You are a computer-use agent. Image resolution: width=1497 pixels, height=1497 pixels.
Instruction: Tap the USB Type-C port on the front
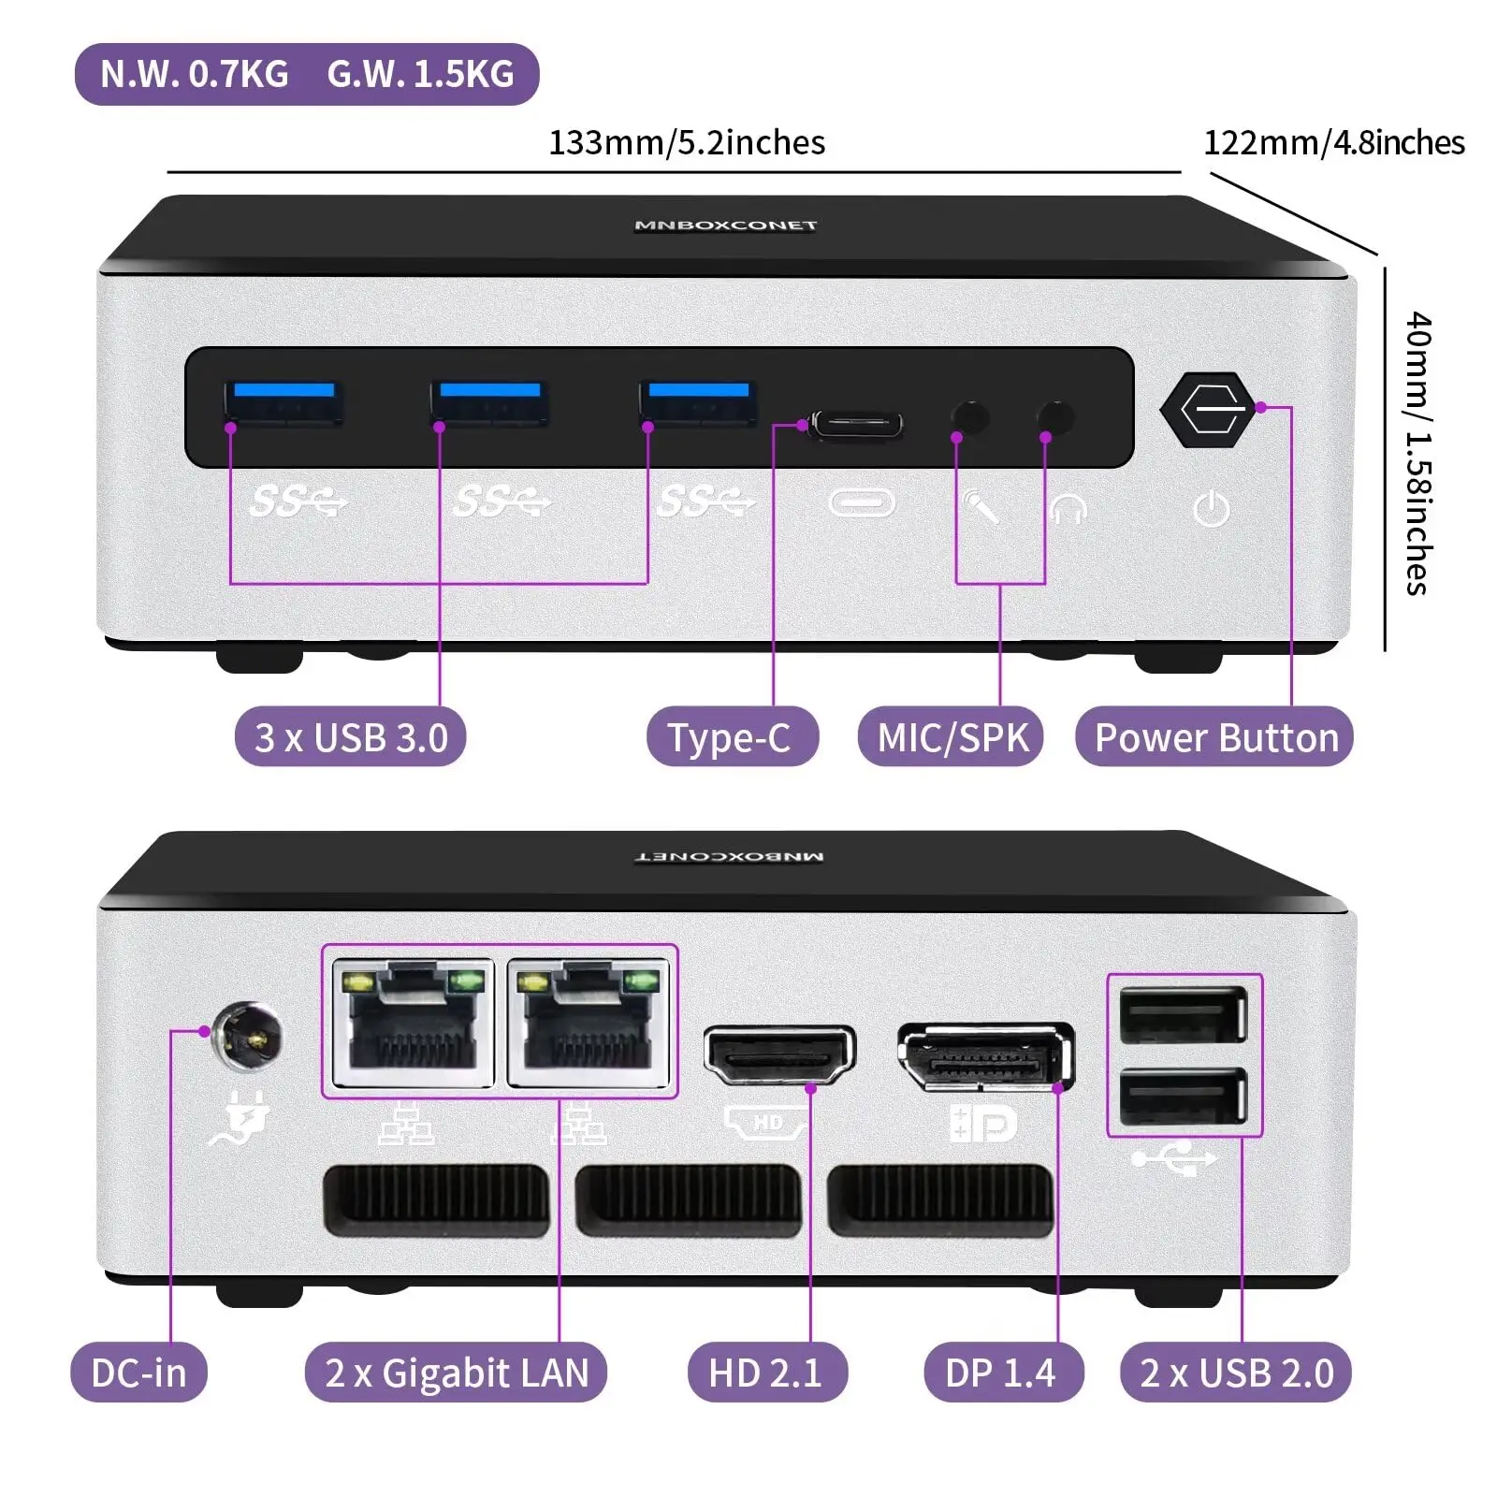(x=856, y=425)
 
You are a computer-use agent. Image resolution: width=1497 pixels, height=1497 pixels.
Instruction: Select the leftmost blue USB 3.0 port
(x=283, y=402)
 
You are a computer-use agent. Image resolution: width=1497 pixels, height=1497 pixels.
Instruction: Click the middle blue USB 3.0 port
(x=489, y=402)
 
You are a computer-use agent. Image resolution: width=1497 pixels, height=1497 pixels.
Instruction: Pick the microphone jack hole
(x=969, y=417)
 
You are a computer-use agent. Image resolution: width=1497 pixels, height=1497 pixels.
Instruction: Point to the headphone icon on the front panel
(x=1068, y=510)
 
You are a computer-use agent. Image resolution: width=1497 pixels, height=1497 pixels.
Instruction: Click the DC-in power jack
(x=247, y=1036)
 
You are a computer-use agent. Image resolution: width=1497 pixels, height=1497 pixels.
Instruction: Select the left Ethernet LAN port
(x=413, y=1024)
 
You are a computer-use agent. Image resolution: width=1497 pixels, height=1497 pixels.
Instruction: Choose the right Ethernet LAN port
(x=589, y=1024)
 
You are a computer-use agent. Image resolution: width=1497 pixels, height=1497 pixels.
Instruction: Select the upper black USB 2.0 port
(x=1184, y=1014)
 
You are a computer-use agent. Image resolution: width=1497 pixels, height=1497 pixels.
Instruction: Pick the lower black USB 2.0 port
(x=1184, y=1096)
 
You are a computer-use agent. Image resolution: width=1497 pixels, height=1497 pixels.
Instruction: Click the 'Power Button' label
(x=1214, y=737)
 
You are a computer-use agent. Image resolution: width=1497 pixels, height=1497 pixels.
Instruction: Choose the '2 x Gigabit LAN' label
(x=456, y=1373)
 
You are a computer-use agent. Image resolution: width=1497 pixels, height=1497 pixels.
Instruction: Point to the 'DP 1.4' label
(x=1002, y=1373)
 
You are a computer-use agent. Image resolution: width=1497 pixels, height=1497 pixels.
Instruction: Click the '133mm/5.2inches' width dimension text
(x=686, y=143)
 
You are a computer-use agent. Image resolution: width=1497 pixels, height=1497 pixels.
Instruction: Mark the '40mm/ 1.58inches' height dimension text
(x=1417, y=454)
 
